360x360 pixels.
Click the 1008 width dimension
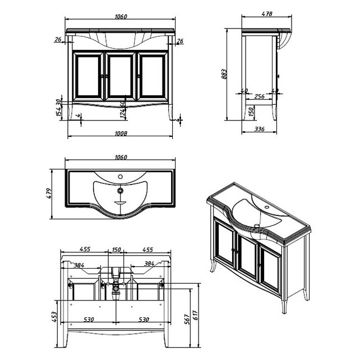point(121,133)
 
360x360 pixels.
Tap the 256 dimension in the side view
point(260,96)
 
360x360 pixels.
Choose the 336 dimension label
point(260,130)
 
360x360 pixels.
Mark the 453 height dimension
point(55,317)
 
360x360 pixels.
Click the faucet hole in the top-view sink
point(120,177)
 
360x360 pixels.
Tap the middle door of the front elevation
point(119,75)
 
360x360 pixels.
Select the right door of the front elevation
point(153,75)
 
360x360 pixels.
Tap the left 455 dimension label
point(86,249)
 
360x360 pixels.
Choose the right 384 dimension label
point(149,264)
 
